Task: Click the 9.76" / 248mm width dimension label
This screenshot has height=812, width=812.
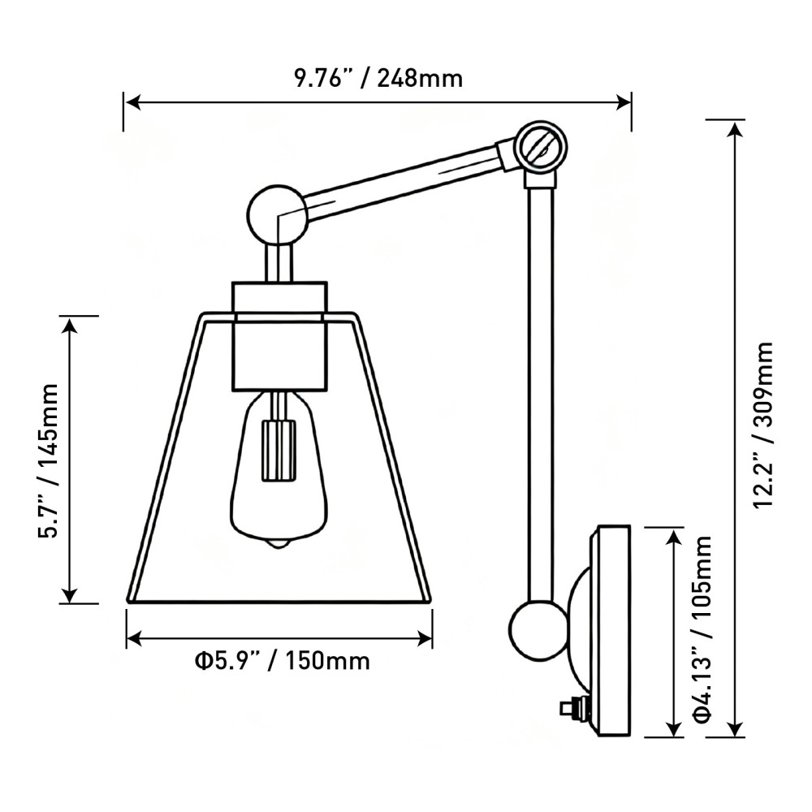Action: pyautogui.click(x=378, y=78)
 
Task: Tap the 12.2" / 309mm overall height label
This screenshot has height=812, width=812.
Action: pyautogui.click(x=764, y=425)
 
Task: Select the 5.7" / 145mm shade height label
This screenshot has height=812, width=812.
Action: pyautogui.click(x=50, y=460)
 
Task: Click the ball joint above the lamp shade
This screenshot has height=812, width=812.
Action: pyautogui.click(x=274, y=215)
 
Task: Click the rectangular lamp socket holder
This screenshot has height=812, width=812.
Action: pyautogui.click(x=280, y=335)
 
